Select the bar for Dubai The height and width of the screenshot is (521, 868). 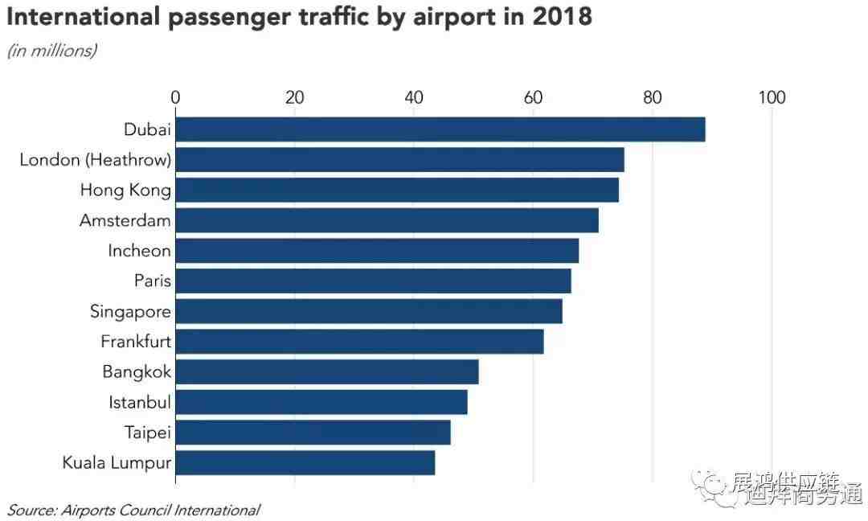pos(440,129)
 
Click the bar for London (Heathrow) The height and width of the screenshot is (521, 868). pos(399,160)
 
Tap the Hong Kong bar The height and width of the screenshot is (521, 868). pos(397,191)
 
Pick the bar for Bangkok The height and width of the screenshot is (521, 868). pos(326,372)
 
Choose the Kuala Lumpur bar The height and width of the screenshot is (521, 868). pos(305,463)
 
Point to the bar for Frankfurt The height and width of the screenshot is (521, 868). pos(359,342)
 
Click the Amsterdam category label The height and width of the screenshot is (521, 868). pos(125,220)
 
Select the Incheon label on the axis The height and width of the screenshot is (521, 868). pos(139,251)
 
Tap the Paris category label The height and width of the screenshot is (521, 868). pos(152,281)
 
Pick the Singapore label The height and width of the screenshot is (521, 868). pos(130,311)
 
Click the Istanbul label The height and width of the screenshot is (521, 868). pos(140,402)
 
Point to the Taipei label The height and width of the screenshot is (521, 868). pos(148,433)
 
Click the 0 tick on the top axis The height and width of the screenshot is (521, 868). pos(175,98)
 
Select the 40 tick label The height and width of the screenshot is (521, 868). pos(414,98)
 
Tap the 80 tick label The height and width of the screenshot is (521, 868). pos(653,98)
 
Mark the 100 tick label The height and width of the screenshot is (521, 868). pos(772,98)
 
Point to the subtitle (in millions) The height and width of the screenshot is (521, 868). pos(51,51)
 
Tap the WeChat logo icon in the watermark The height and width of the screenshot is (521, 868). pos(711,486)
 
